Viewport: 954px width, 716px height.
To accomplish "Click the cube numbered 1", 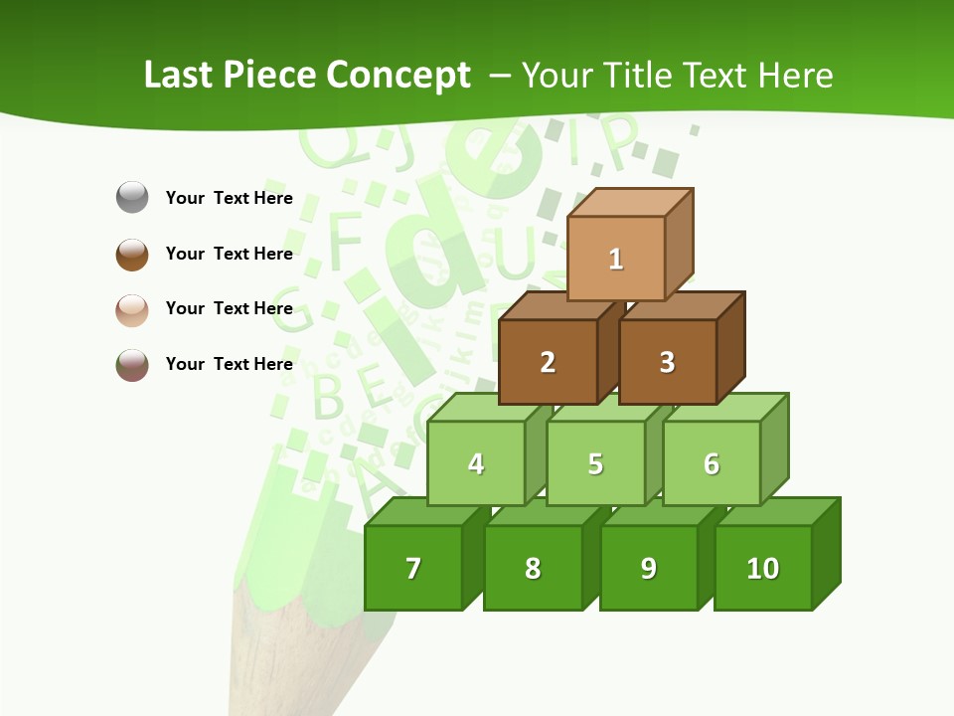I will click(616, 259).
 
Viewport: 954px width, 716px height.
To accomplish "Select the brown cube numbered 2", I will click(548, 362).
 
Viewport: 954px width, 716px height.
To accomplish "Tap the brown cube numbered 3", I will click(667, 362).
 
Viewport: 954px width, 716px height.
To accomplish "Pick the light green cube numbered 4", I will click(476, 463).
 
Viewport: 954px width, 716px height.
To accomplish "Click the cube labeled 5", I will click(594, 463).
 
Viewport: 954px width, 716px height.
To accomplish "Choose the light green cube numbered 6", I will click(712, 463).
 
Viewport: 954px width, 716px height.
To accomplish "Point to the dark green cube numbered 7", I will click(413, 568).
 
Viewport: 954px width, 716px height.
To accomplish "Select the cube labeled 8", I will click(533, 568).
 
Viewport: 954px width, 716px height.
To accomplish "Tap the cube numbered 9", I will click(648, 568).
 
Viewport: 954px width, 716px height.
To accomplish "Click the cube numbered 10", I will click(762, 568).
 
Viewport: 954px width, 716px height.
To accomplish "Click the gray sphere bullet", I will click(132, 198).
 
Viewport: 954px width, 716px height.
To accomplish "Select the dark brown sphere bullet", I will click(132, 254).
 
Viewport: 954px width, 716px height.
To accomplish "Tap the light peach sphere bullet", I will click(132, 309).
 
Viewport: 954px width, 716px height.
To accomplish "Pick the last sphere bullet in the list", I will click(132, 365).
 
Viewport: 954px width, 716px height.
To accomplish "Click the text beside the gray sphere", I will click(229, 198).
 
